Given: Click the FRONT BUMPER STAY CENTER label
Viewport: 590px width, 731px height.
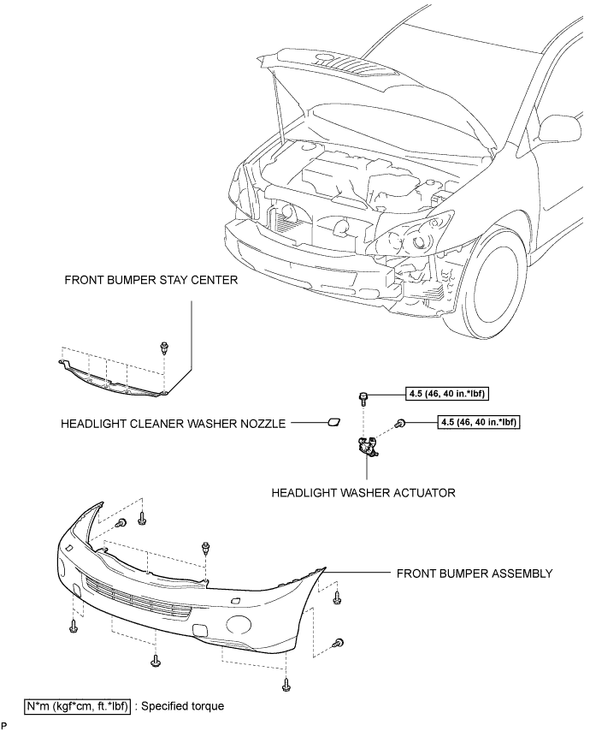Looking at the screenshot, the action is point(150,280).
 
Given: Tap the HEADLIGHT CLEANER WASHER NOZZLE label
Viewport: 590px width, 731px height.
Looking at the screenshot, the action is point(173,424).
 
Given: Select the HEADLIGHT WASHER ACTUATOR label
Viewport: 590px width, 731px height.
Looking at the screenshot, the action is point(363,492).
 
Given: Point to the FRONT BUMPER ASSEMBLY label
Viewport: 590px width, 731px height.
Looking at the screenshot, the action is point(475,574).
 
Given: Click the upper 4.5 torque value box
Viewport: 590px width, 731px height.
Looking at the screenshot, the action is point(447,394).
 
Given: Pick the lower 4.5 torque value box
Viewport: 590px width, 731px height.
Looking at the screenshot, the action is point(478,422).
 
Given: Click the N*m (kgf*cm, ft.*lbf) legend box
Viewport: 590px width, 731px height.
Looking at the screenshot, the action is point(77,706).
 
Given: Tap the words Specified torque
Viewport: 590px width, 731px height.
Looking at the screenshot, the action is point(182,706).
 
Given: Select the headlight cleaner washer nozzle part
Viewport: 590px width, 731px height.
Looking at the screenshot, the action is point(333,423).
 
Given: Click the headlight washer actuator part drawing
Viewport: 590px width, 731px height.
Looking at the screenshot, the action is point(367,447).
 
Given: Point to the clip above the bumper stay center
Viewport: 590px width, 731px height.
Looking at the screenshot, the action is point(163,347).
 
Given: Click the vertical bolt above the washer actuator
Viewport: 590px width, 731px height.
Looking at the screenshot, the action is point(363,399).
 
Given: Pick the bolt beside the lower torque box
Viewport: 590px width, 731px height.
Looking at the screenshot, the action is point(399,424).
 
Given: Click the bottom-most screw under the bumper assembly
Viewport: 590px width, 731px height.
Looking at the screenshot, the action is point(286,685).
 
